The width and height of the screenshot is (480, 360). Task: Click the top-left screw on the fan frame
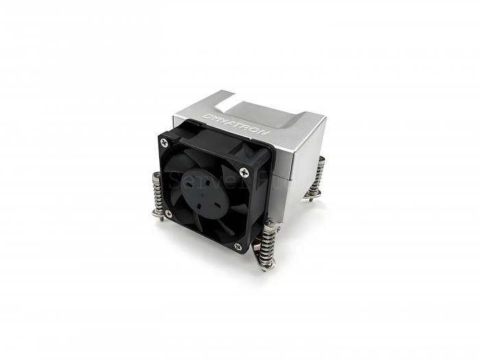163,142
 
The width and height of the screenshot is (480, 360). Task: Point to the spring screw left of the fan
156,195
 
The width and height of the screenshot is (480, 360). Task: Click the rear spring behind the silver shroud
317,178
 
